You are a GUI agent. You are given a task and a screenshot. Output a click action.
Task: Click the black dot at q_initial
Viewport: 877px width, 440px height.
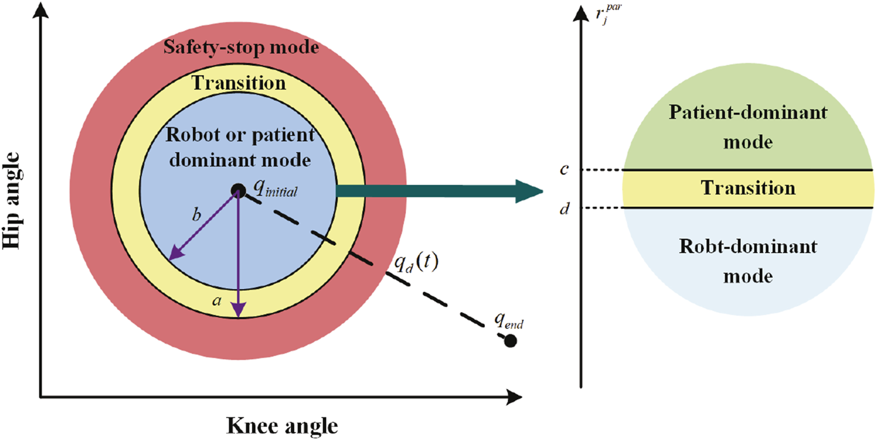point(238,191)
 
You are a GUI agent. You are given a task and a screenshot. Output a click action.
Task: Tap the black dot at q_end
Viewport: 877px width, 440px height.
point(511,342)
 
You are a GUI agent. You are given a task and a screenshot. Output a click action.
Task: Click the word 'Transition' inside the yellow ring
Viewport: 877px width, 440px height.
point(239,83)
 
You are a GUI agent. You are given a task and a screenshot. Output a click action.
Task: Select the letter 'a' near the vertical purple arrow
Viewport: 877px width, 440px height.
point(217,301)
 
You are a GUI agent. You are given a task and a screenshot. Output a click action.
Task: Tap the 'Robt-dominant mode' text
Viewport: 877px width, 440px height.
point(748,261)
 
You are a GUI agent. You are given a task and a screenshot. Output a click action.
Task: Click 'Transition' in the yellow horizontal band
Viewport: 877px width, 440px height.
point(748,188)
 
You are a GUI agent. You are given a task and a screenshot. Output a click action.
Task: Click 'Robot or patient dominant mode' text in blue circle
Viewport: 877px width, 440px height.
point(239,148)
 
